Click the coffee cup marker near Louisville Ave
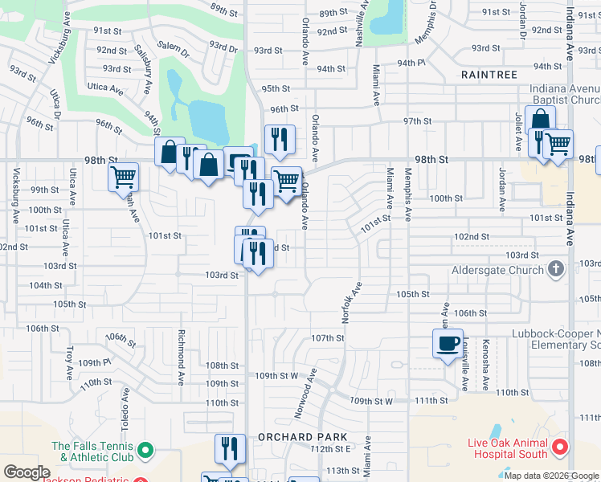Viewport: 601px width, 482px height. point(447,344)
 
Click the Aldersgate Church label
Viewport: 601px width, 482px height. point(498,270)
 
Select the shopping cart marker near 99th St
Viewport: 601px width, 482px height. point(124,177)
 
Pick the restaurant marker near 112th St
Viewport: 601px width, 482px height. point(230,448)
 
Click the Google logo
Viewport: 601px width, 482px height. point(27,472)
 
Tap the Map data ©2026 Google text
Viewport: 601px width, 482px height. point(550,476)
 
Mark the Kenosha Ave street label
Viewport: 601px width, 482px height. point(487,364)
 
